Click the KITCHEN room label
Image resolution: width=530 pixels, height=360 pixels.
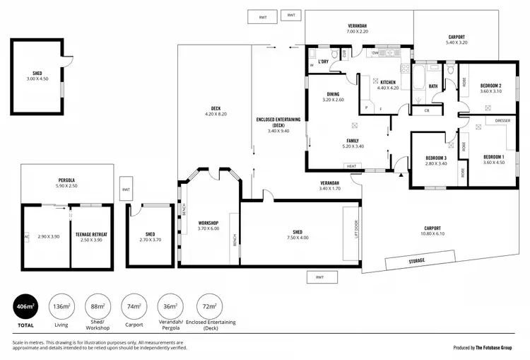pos(388,82)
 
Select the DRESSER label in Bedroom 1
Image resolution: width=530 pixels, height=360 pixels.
pos(502,121)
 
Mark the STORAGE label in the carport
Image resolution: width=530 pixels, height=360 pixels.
pos(417,261)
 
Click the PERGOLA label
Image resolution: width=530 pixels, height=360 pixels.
pos(66,180)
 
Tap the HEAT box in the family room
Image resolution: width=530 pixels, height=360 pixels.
pos(351,166)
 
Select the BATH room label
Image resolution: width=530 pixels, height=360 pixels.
pos(433,86)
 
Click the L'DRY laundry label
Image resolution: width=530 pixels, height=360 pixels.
pos(324,62)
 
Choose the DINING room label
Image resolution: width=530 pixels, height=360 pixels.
pos(333,94)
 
